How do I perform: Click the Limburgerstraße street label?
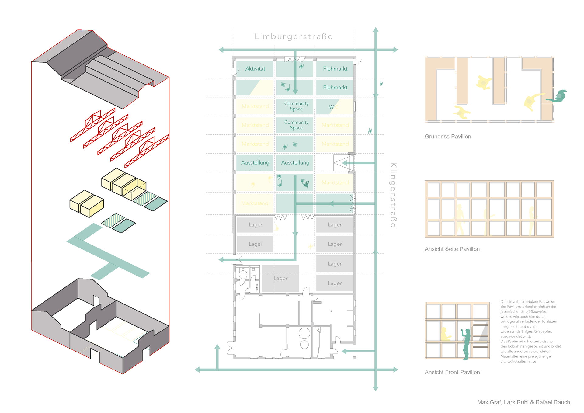[x=294, y=36]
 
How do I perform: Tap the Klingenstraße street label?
[x=393, y=195]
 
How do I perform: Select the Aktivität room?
[x=255, y=69]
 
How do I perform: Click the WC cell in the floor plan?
[x=334, y=107]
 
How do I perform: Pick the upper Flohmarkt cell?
[x=335, y=69]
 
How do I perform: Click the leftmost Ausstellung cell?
[x=255, y=163]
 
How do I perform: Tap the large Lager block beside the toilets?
[x=280, y=278]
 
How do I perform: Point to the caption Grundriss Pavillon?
[x=448, y=137]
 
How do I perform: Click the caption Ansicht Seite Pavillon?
[x=452, y=249]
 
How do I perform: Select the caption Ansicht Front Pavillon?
[x=452, y=372]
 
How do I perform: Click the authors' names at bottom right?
[x=523, y=402]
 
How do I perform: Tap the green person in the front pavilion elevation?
[x=466, y=344]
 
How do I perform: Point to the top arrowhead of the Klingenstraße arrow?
[x=376, y=29]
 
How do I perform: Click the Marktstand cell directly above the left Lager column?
[x=255, y=203]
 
